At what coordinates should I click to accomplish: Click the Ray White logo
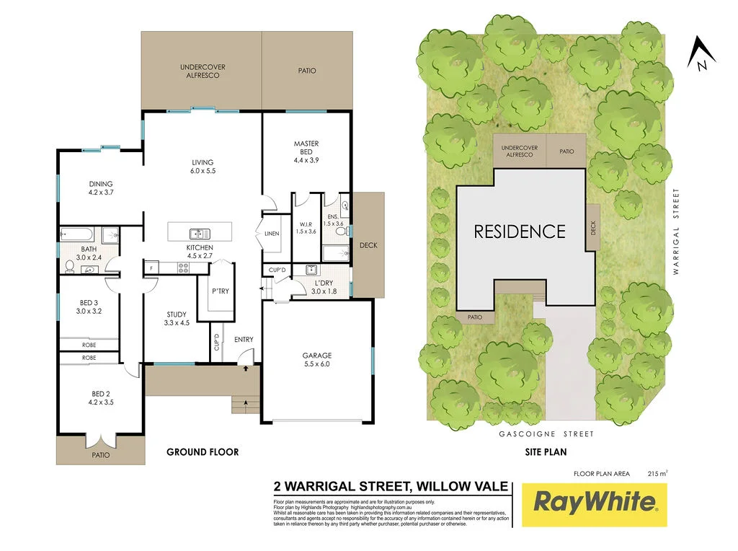(595, 502)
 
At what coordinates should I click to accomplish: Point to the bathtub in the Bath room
(76, 234)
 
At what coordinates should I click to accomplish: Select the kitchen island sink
(200, 234)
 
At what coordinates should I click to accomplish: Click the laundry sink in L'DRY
(311, 270)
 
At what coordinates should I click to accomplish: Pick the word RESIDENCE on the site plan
(519, 232)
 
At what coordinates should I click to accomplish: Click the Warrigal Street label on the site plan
(676, 232)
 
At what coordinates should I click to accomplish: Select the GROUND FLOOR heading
(203, 452)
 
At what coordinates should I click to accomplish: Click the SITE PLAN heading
(546, 452)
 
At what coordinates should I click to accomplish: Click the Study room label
(177, 319)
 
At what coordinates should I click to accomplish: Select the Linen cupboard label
(271, 234)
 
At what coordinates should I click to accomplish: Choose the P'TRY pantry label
(220, 291)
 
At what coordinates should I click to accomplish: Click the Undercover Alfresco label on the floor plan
(203, 71)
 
